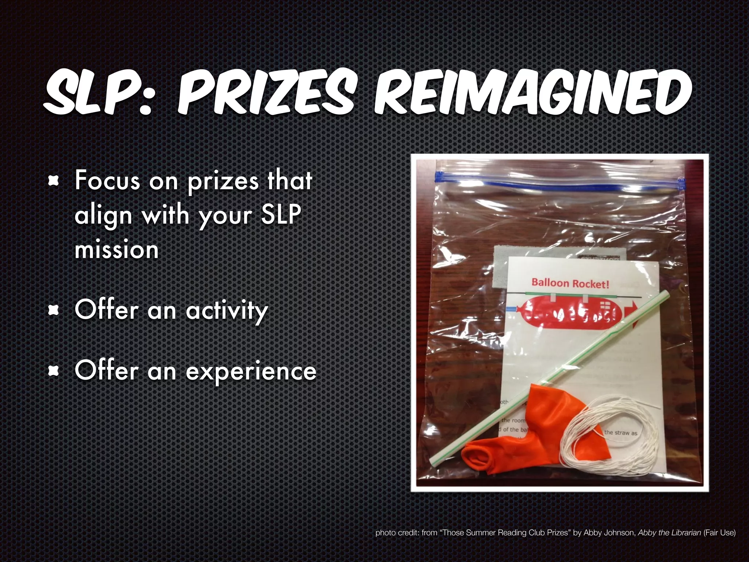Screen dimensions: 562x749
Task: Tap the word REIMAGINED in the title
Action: point(532,93)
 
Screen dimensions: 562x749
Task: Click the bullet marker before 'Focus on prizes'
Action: point(54,180)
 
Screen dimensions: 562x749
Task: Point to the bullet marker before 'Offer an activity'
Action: point(54,310)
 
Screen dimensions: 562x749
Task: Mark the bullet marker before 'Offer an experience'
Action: point(54,371)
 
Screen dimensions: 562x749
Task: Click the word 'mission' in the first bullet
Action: point(116,250)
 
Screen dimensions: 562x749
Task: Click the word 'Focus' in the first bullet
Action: point(107,180)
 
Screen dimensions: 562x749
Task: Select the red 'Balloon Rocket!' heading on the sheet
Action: point(570,283)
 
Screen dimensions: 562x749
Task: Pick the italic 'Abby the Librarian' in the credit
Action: point(669,533)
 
